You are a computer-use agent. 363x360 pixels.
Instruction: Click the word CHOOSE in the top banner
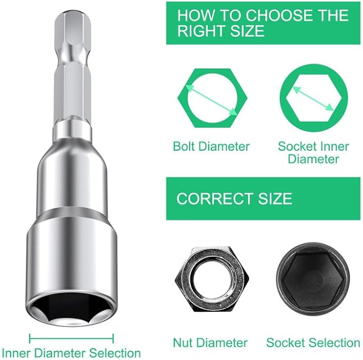pos(280,15)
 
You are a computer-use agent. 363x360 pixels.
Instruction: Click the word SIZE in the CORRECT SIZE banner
pos(275,199)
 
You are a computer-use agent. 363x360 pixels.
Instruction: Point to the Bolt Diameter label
pos(211,146)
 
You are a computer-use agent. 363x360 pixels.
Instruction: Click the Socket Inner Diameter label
pos(313,153)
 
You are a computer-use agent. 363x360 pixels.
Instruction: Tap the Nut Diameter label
pos(210,343)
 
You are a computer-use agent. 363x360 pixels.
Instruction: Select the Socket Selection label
pos(313,343)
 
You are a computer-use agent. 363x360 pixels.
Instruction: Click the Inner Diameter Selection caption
pos(71,353)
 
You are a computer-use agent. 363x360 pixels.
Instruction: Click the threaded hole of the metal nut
pos(212,279)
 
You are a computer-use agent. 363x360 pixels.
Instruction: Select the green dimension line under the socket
pos(72,339)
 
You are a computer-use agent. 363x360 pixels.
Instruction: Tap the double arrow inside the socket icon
pos(313,99)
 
